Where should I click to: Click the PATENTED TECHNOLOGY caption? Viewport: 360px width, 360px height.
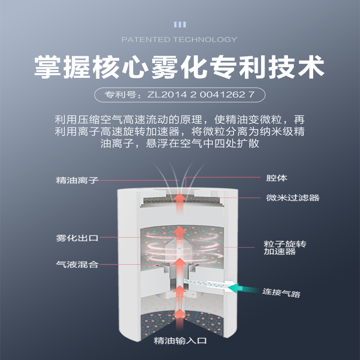[179, 40]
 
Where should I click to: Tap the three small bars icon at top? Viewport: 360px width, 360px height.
[180, 24]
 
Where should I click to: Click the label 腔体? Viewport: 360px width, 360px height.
[270, 178]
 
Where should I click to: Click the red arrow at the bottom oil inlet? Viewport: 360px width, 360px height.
[180, 315]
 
